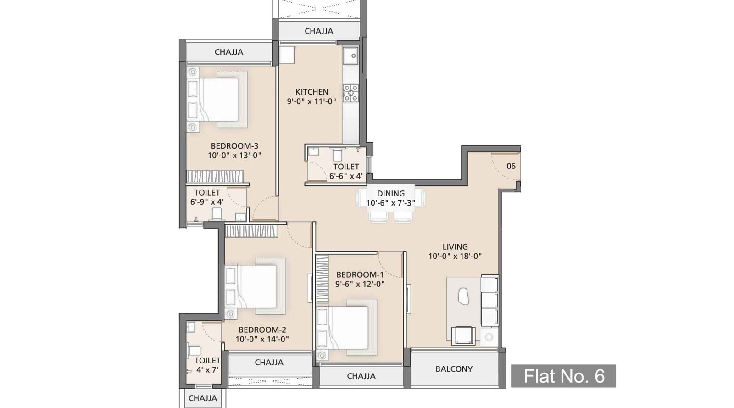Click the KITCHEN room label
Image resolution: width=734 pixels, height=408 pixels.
coord(311,92)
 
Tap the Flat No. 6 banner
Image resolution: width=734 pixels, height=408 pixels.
coord(563,376)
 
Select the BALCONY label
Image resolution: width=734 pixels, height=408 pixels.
coord(454,369)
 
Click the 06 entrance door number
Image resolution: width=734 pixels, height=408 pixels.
coord(511,166)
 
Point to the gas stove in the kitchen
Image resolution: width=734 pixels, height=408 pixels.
coord(351,93)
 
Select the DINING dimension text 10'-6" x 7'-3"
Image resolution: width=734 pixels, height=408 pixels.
coord(390,203)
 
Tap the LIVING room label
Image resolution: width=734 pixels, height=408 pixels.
coord(455,247)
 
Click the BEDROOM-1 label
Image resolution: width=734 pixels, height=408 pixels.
coord(360,274)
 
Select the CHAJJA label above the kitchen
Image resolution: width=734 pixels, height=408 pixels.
coord(319,31)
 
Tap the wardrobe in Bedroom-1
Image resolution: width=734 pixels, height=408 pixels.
coord(322,279)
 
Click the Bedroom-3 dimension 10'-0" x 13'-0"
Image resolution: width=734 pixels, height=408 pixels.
coord(234,156)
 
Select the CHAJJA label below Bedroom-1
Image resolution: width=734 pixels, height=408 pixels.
coord(361,376)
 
